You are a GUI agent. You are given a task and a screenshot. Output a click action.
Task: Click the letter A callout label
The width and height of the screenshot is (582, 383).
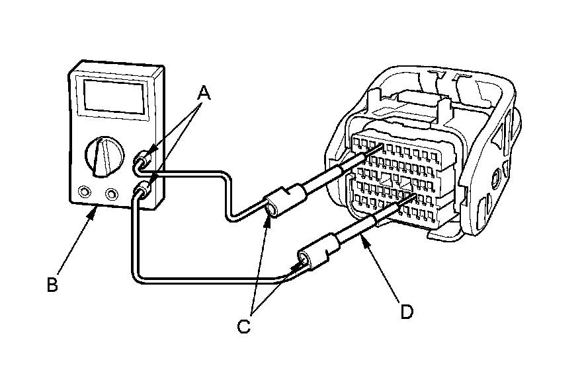[x=204, y=94]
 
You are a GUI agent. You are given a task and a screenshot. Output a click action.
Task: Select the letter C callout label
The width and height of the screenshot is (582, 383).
[x=244, y=325]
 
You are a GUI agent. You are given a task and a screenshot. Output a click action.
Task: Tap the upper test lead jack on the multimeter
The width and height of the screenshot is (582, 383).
[x=144, y=160]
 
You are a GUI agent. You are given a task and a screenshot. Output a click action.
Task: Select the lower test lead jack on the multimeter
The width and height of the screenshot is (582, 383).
[x=141, y=192]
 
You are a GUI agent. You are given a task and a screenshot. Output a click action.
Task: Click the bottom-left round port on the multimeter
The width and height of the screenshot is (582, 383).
[x=84, y=192]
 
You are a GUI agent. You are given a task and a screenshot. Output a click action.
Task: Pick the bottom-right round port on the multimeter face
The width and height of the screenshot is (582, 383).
[x=112, y=194]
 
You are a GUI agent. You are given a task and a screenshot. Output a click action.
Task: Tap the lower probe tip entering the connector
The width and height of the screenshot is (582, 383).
[x=415, y=197]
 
